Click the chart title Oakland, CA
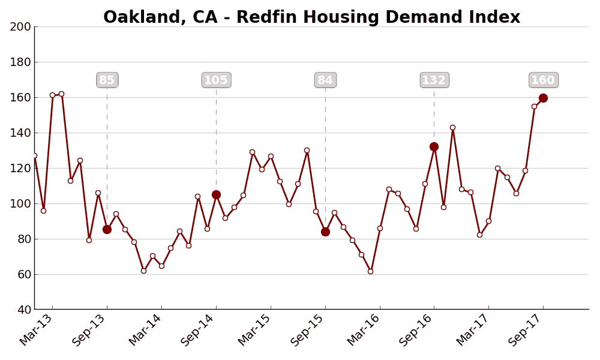pos(311,17)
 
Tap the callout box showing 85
pos(107,80)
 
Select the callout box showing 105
pos(216,80)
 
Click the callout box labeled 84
pos(325,80)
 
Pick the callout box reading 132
pos(434,80)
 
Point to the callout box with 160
pos(543,80)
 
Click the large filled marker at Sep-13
pos(107,229)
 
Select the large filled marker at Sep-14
pos(216,194)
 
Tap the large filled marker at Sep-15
pos(325,232)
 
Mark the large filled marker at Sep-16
pos(434,146)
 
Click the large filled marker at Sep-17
pos(543,98)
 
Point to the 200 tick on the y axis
pos(20,26)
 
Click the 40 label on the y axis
pos(24,310)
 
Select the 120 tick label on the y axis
pos(20,168)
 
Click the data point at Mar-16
pos(380,228)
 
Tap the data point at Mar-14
pos(161,266)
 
